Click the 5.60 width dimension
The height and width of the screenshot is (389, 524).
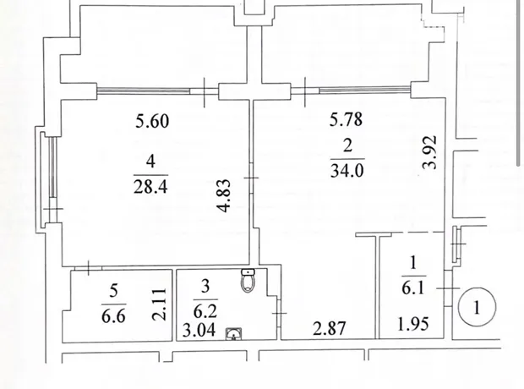[x=152, y=121]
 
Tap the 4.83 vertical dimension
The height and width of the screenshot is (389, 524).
[x=223, y=196]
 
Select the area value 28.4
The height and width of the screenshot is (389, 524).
[x=150, y=186]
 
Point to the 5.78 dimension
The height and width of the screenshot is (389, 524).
[x=346, y=119]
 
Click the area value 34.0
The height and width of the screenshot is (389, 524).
[x=347, y=170]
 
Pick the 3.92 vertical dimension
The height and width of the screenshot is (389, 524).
[x=429, y=152]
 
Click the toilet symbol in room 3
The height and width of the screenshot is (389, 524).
[x=248, y=280]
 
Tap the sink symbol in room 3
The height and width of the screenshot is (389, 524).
[x=233, y=334]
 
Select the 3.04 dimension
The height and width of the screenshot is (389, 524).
[x=199, y=331]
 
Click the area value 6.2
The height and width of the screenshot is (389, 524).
[x=205, y=311]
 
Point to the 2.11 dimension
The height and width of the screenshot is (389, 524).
[x=159, y=304]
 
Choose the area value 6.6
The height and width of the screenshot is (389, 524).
[x=113, y=315]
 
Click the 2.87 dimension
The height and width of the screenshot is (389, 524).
[x=329, y=328]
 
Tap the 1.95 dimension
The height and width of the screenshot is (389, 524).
[x=413, y=324]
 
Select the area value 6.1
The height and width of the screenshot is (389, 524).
[x=413, y=288]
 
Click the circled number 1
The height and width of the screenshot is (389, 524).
[x=477, y=307]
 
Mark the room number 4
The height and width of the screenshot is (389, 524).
[x=150, y=162]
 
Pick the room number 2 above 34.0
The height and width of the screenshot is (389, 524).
[x=347, y=146]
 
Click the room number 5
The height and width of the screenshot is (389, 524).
[x=113, y=292]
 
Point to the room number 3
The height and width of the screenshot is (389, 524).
[x=205, y=287]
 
